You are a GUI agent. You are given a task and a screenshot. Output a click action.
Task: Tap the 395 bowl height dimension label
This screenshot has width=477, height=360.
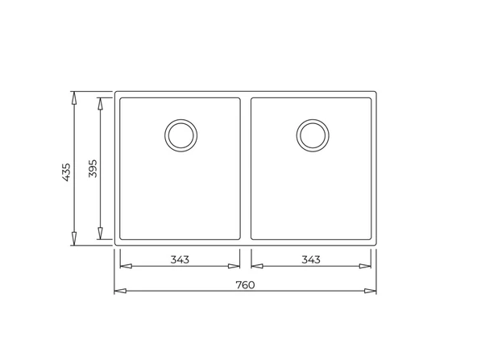click(x=93, y=169)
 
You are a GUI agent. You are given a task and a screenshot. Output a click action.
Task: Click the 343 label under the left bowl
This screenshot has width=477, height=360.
click(x=180, y=259)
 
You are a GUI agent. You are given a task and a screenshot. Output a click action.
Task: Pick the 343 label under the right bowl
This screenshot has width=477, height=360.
click(x=311, y=259)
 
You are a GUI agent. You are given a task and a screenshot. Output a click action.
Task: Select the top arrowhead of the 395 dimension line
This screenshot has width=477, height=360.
click(x=101, y=103)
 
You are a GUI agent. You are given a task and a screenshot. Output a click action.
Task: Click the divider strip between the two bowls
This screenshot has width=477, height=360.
click(x=246, y=169)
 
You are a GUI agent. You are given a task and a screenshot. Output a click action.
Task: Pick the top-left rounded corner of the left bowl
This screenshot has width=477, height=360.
click(x=122, y=101)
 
